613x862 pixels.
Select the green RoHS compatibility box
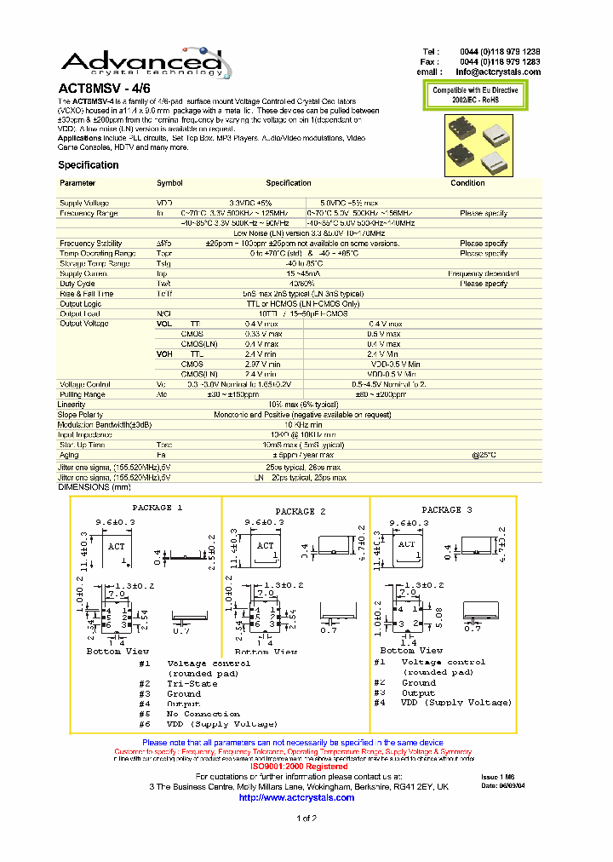[474, 95]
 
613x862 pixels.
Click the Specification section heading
[89, 165]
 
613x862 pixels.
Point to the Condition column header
[467, 183]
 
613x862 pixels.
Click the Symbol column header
[169, 183]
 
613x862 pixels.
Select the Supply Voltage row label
[83, 203]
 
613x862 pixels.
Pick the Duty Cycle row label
[77, 284]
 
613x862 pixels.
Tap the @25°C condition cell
[484, 455]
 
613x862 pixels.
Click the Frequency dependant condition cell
[484, 273]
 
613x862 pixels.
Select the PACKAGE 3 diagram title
[442, 509]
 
